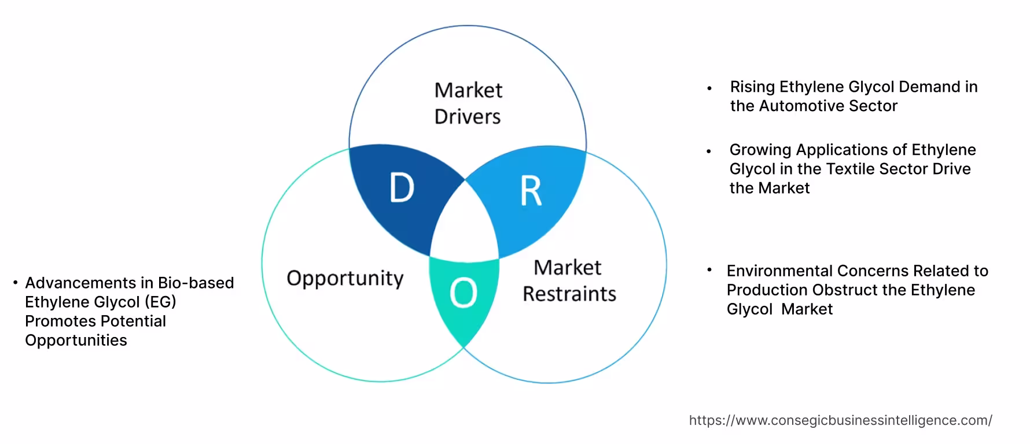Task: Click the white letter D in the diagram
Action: pyautogui.click(x=402, y=188)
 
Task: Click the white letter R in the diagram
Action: pyautogui.click(x=531, y=191)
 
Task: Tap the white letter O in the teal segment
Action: pyautogui.click(x=463, y=293)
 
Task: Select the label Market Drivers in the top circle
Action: pyautogui.click(x=468, y=103)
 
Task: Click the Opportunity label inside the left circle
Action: pyautogui.click(x=345, y=278)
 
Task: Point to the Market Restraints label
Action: pyautogui.click(x=569, y=280)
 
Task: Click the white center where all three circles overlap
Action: pyautogui.click(x=465, y=225)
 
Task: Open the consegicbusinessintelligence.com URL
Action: pyautogui.click(x=840, y=420)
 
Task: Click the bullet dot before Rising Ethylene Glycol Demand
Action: pyautogui.click(x=709, y=89)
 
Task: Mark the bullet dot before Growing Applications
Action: pyautogui.click(x=709, y=151)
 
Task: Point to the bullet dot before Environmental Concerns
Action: pyautogui.click(x=709, y=269)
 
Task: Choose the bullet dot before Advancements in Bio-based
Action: pyautogui.click(x=15, y=283)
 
